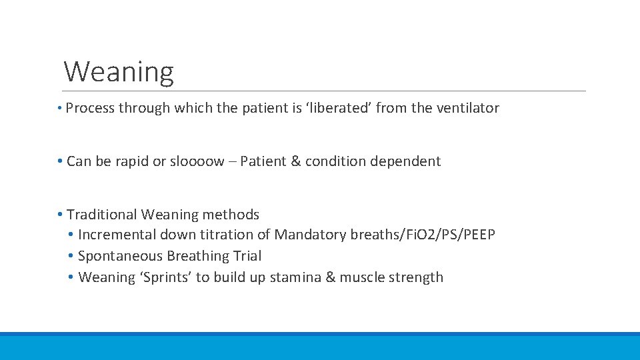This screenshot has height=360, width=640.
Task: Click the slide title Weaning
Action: [x=119, y=72]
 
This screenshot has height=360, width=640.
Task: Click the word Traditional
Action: [x=102, y=215]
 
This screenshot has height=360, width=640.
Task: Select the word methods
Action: [x=231, y=215]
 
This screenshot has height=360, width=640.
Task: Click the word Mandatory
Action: [x=307, y=235]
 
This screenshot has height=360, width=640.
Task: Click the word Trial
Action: [x=247, y=256]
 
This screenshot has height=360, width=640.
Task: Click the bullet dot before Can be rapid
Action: [x=60, y=161]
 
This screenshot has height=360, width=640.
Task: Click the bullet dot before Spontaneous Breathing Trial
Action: [x=71, y=256]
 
